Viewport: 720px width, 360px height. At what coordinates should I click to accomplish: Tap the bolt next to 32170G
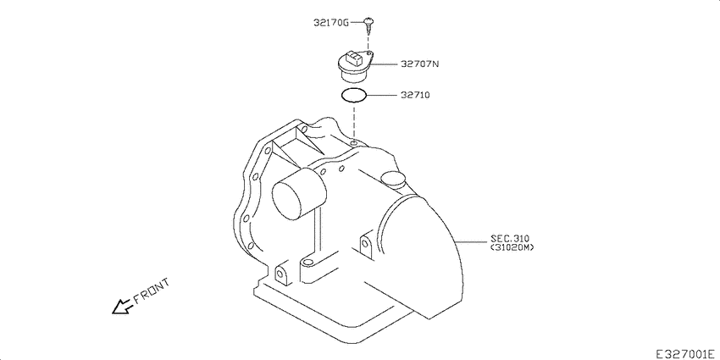(369, 24)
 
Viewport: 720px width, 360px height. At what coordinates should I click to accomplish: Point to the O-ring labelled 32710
(354, 95)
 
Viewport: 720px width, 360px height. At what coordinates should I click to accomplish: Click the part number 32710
(416, 96)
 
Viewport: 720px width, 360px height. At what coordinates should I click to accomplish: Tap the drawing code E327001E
(684, 351)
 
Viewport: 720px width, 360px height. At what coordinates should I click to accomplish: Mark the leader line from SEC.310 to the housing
(471, 243)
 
